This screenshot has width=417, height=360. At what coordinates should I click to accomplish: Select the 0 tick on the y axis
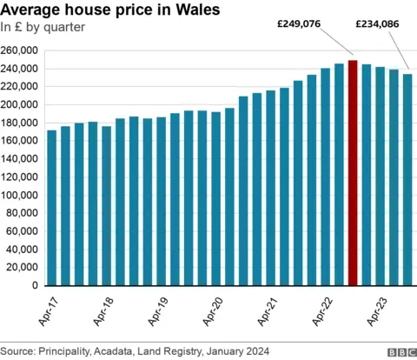(x=35, y=285)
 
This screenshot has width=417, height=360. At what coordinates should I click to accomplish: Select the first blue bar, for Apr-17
(x=52, y=208)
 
